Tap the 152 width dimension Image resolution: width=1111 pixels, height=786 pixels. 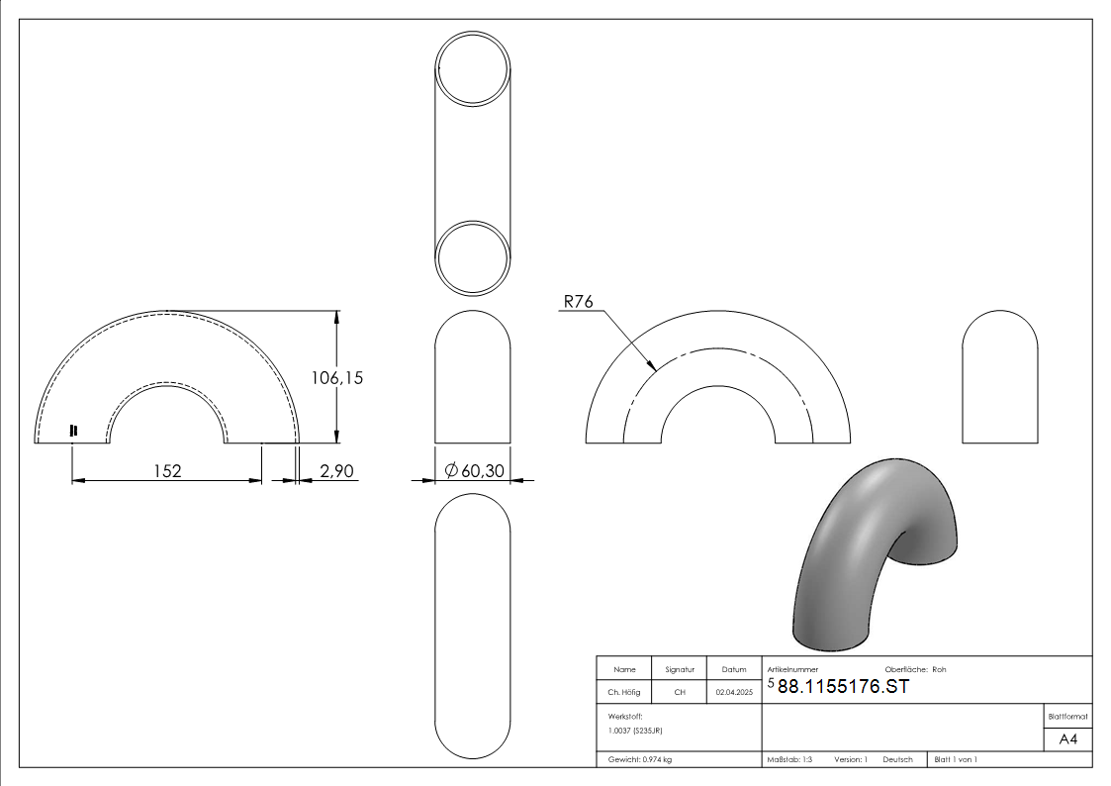167,471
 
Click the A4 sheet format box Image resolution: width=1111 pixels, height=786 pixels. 1067,739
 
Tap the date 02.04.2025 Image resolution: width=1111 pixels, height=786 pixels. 734,692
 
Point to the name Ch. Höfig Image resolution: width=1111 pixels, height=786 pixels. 623,692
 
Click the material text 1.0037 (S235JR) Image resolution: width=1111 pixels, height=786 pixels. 636,730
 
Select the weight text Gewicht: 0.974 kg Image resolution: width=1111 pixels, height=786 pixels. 640,759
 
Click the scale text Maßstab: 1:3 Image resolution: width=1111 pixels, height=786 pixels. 789,759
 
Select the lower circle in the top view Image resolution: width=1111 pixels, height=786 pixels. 473,257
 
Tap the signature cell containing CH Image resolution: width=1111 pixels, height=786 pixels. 680,692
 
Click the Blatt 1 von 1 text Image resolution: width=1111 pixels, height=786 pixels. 956,759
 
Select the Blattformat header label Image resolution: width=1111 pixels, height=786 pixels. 1067,717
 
